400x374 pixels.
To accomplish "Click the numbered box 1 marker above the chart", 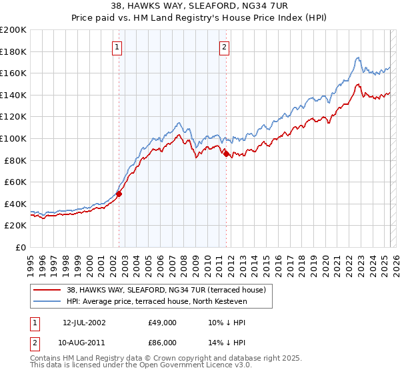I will click(117, 47).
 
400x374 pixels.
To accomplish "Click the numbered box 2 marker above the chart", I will click(224, 47).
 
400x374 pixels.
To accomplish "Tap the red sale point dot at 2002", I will click(119, 194).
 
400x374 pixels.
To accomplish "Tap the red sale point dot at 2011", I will click(226, 154).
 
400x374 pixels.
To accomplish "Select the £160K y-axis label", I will click(13, 73).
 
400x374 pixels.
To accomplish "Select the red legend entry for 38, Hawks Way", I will click(167, 290).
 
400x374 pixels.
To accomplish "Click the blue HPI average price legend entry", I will click(157, 302).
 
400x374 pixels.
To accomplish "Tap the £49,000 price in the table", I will click(163, 322).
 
